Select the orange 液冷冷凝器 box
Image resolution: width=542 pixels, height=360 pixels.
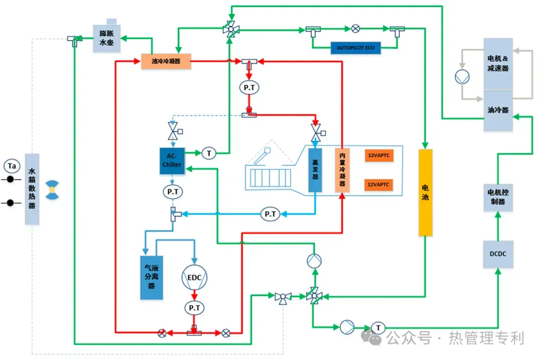point(166,61)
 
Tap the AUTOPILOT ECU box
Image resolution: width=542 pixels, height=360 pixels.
point(356,48)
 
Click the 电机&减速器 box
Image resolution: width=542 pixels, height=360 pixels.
point(498,64)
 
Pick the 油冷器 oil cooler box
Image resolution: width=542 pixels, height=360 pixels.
point(498,110)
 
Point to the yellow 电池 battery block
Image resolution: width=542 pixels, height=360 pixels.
point(425,192)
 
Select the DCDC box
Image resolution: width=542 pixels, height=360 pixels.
point(497,254)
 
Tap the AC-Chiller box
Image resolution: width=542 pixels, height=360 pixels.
point(172,161)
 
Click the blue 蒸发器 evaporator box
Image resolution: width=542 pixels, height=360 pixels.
point(315,170)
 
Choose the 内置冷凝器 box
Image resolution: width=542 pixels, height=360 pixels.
point(342,170)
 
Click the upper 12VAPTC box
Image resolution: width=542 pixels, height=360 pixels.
point(378,156)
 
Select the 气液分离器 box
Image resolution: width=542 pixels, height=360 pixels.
point(151,278)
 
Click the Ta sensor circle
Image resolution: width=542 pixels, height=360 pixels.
point(11,165)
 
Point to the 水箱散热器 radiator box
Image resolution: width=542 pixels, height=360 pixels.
point(32,189)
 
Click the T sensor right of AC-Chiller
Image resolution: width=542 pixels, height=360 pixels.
point(208,153)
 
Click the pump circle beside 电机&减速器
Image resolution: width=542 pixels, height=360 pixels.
point(461,77)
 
